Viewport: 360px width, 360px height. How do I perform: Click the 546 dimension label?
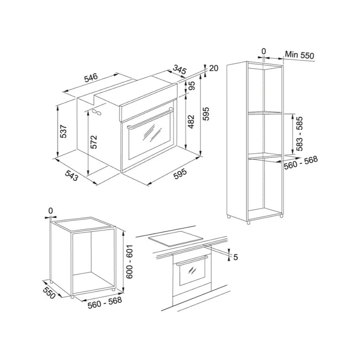click(91, 77)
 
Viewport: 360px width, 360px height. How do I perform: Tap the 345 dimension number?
click(180, 70)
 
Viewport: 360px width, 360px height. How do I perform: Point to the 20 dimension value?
click(214, 68)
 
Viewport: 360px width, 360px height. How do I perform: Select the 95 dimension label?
click(192, 86)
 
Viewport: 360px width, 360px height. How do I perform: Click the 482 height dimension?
click(191, 122)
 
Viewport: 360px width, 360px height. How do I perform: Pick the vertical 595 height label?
click(206, 114)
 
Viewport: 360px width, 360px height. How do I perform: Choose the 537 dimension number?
click(63, 131)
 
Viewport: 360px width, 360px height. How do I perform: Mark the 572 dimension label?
click(94, 142)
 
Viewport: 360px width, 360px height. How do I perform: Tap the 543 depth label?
click(72, 175)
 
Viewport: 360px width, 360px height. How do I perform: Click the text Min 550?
click(299, 55)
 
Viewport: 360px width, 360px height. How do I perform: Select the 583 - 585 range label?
click(300, 134)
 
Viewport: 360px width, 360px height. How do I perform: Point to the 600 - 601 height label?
click(129, 262)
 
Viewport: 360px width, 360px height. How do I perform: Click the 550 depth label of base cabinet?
click(49, 293)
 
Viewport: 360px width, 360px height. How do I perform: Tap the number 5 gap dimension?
click(235, 257)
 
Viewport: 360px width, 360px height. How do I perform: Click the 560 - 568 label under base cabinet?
click(105, 303)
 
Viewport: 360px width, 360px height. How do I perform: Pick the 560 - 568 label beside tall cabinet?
click(301, 163)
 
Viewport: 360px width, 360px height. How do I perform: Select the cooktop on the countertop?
click(175, 239)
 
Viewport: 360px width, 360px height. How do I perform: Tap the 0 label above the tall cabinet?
click(264, 51)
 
